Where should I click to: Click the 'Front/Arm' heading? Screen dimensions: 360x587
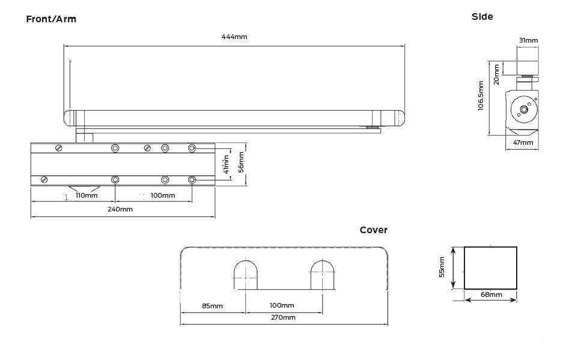coord(51,19)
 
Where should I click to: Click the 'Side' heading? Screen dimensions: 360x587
coord(482,17)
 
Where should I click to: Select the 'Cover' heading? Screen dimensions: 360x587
coord(373,230)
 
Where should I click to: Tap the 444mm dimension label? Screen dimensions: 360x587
coord(234,37)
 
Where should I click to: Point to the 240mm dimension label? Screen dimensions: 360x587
coord(120,209)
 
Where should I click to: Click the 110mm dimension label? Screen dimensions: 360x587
coord(87,195)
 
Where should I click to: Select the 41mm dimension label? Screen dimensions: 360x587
coord(226,163)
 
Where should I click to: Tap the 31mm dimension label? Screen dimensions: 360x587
coord(528,40)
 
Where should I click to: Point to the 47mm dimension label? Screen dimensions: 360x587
coord(522,142)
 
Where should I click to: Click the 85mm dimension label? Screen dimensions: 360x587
coord(212,306)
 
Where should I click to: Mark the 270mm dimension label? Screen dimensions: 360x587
coord(283,317)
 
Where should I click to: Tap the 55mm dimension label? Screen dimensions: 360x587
coord(442,267)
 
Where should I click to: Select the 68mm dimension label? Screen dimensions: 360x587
coord(491,294)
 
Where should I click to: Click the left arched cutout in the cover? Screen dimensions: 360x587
coord(246,275)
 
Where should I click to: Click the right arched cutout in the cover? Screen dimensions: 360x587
coord(323,275)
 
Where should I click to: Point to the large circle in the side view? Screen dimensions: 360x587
coord(522,109)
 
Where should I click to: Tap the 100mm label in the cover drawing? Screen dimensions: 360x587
coord(282,306)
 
